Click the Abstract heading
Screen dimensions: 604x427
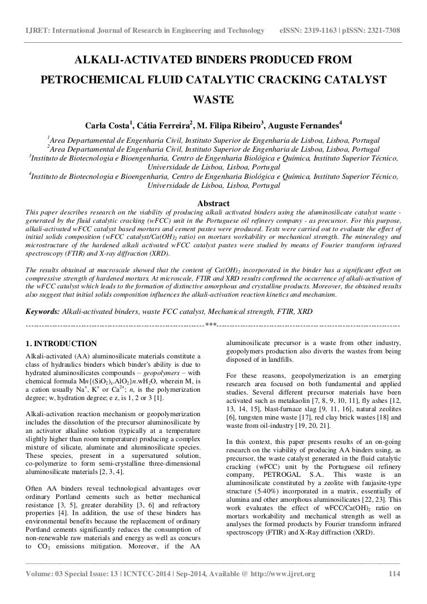pyautogui.click(x=213, y=203)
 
